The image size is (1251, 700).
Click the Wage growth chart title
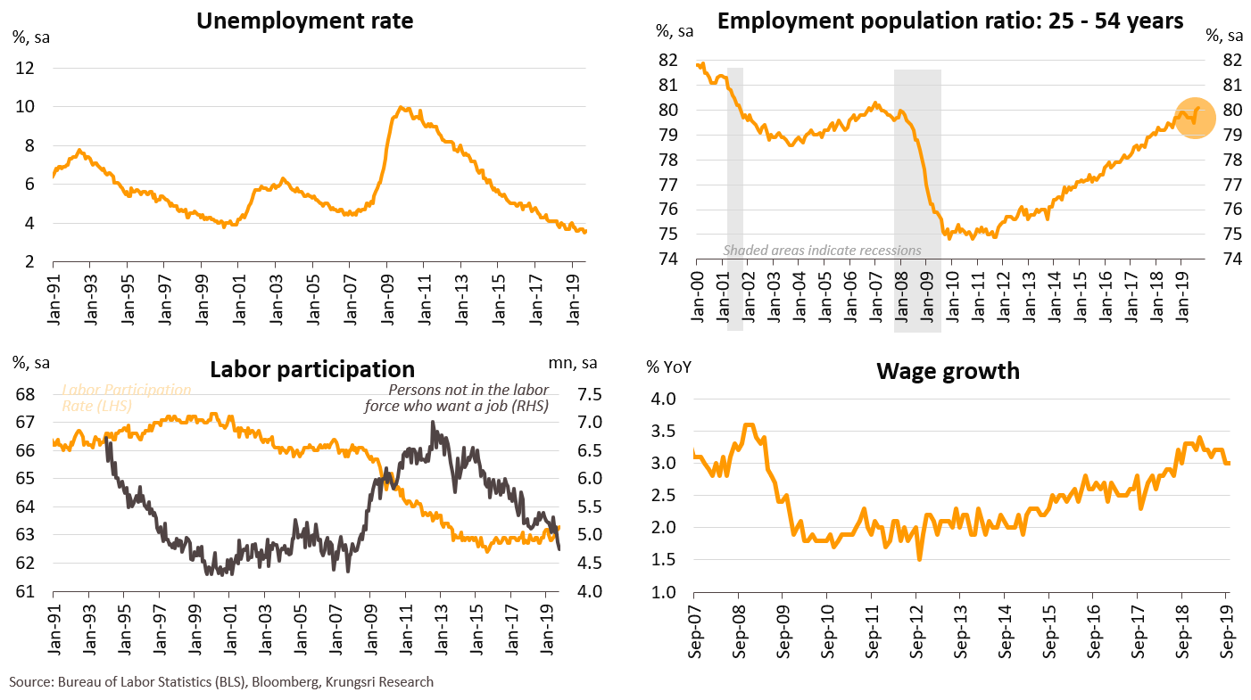coord(948,370)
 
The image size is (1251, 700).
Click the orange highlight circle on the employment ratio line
coord(1195,117)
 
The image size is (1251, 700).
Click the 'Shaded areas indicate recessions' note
coord(822,251)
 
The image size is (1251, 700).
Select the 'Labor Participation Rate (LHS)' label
coord(125,398)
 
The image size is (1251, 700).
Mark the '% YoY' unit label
coord(669,366)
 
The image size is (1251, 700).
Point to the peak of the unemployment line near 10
coord(402,108)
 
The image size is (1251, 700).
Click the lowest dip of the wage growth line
coord(919,559)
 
